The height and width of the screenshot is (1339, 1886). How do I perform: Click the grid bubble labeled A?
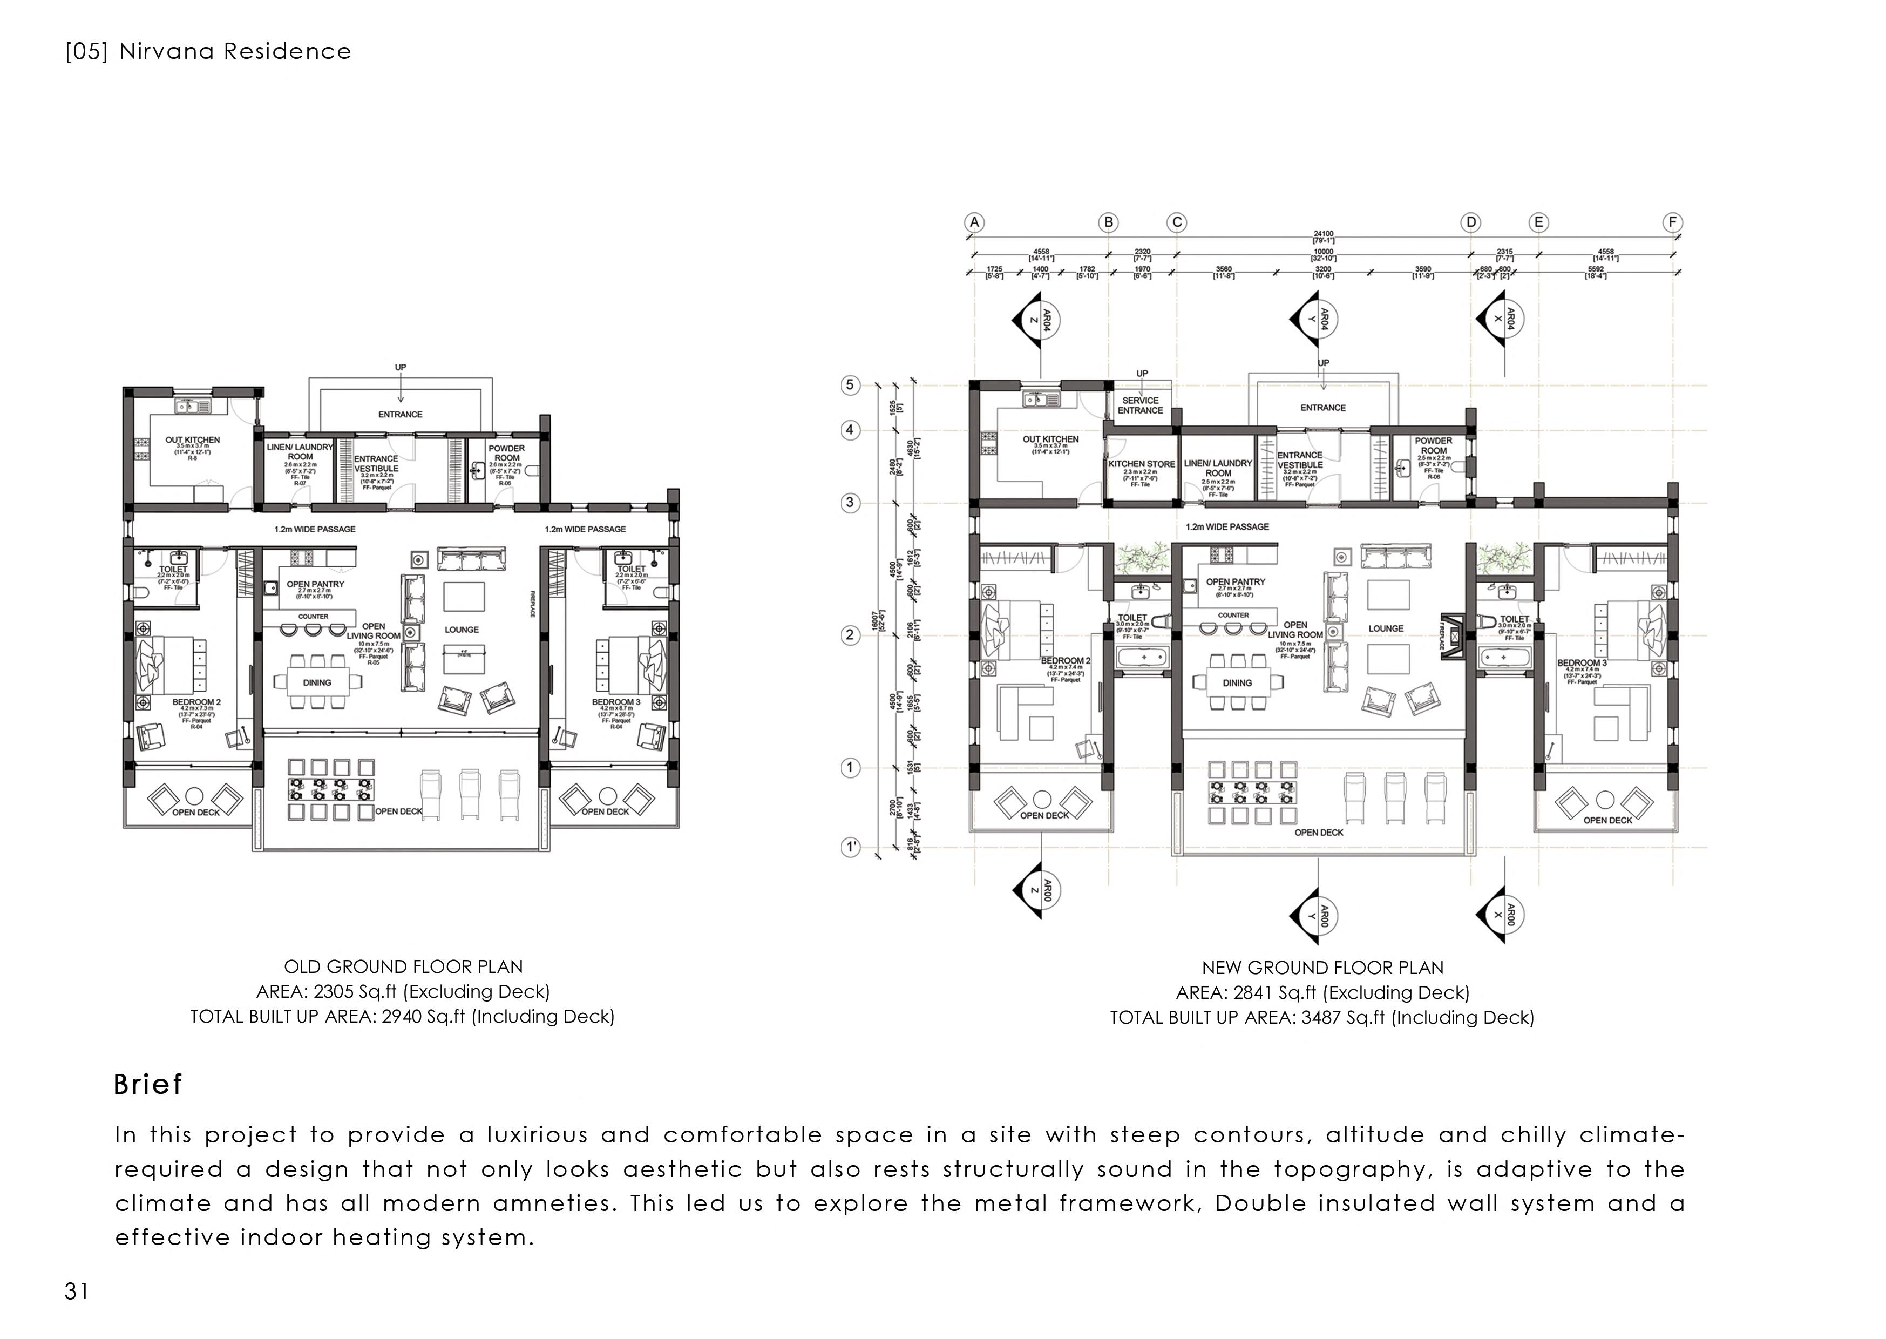click(x=974, y=222)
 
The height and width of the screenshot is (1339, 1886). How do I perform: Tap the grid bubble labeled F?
click(x=1672, y=222)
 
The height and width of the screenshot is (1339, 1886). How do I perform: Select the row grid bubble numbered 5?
click(x=850, y=385)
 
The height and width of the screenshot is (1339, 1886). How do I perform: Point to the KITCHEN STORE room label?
click(x=1141, y=464)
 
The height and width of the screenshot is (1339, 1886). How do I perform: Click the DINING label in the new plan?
click(x=1237, y=682)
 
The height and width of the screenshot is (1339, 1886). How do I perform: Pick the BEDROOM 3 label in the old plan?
click(x=616, y=702)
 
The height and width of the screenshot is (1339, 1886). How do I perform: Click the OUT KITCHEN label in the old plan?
click(x=192, y=440)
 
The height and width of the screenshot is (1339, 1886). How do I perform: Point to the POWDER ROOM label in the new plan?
click(x=1434, y=445)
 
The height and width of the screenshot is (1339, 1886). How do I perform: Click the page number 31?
click(x=77, y=1291)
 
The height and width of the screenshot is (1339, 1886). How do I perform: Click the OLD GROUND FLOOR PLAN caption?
click(x=403, y=966)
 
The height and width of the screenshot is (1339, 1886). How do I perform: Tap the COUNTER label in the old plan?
click(x=313, y=616)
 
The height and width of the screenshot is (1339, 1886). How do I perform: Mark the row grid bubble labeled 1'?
click(x=850, y=847)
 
